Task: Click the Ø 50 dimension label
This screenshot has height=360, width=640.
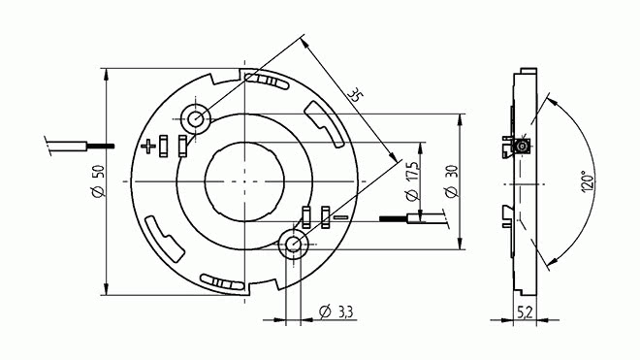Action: click(99, 181)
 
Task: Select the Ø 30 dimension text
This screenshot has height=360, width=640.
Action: click(452, 181)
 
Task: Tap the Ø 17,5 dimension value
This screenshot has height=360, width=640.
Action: click(413, 181)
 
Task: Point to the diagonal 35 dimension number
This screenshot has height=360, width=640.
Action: click(355, 95)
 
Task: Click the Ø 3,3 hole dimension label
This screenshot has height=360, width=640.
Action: click(336, 312)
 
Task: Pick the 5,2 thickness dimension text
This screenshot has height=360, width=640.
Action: click(525, 312)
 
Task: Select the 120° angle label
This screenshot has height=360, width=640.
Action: click(587, 181)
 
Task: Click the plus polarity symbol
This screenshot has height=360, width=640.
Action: click(148, 146)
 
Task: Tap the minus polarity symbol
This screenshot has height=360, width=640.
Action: click(341, 217)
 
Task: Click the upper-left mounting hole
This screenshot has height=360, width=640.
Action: click(196, 119)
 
